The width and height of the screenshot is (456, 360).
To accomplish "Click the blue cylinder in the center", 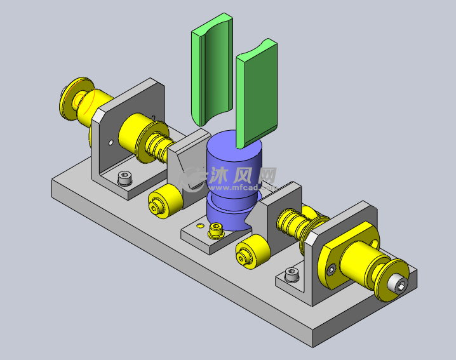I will click(234, 159).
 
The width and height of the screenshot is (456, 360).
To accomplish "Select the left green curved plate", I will click(211, 73).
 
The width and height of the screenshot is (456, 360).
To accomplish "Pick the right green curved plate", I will click(257, 95).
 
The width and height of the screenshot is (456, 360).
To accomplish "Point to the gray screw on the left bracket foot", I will click(125, 178).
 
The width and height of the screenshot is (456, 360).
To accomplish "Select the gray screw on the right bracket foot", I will click(292, 274).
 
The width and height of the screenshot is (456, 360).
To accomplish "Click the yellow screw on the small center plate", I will click(216, 229).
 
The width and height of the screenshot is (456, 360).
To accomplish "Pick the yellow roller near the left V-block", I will click(162, 203).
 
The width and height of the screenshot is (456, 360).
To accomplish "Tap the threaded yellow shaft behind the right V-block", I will click(296, 222).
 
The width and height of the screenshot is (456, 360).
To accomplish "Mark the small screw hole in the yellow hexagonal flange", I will click(330, 270).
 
